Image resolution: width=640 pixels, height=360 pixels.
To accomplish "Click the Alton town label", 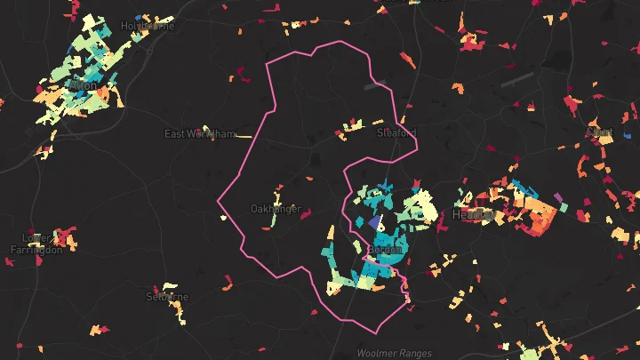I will click(83, 85).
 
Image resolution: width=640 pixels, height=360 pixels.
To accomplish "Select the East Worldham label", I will click(200, 134).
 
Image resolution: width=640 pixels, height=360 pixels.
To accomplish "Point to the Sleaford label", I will click(396, 132).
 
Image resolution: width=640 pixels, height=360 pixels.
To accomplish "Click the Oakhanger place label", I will click(276, 209).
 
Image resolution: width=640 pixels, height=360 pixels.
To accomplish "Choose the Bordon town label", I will click(386, 250).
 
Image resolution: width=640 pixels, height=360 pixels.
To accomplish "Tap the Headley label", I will click(474, 214).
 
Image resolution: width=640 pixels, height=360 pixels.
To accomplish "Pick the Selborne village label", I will click(167, 296).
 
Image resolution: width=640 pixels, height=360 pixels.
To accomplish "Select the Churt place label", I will click(600, 132).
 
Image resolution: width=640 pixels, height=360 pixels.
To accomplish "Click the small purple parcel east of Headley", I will click(558, 196).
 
